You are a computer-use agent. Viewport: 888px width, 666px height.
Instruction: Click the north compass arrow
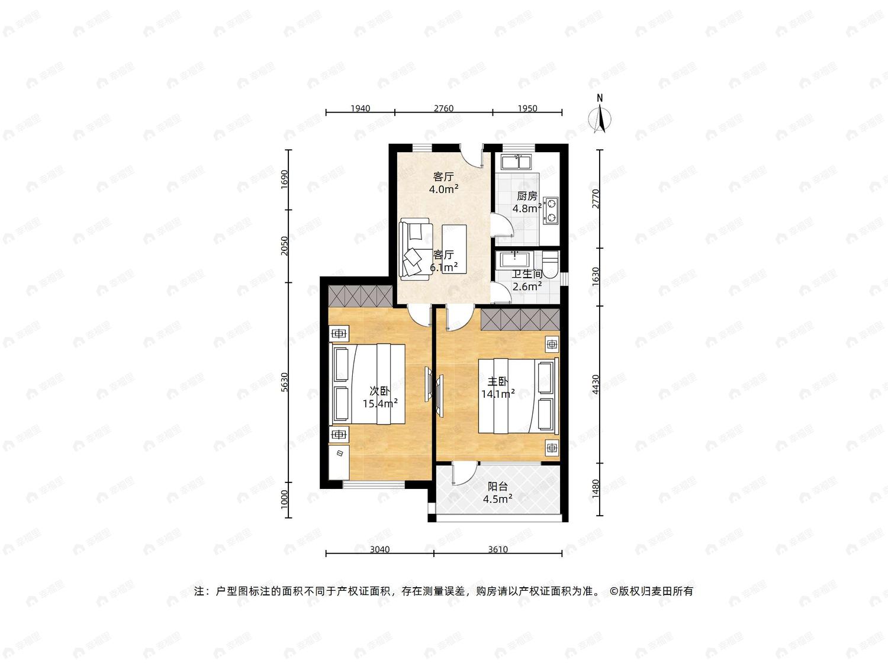600,118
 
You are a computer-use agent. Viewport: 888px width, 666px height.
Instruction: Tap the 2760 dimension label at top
443,108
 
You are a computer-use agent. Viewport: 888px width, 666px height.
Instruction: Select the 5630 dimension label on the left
285,382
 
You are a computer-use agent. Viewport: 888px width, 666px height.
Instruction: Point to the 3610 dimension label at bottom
498,549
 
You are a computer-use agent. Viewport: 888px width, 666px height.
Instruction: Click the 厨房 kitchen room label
527,196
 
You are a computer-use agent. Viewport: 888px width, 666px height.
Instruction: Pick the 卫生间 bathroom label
527,274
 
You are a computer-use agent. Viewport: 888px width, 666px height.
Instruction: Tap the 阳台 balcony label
498,487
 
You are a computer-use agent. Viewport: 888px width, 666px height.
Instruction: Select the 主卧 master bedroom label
498,381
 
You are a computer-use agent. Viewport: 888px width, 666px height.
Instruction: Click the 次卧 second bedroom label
380,391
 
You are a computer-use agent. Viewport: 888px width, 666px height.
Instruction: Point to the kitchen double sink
517,162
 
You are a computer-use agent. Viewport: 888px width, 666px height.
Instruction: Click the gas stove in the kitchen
551,210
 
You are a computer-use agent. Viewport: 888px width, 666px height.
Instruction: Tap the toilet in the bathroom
550,264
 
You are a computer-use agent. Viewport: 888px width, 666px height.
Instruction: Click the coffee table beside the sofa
454,249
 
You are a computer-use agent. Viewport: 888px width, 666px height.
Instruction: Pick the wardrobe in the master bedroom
520,320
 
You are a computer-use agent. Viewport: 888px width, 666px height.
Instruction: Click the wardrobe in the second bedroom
360,295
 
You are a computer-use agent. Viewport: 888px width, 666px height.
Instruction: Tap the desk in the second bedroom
339,462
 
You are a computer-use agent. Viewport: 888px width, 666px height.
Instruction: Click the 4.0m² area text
444,189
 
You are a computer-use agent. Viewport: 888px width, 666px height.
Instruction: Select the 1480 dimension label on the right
595,489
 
